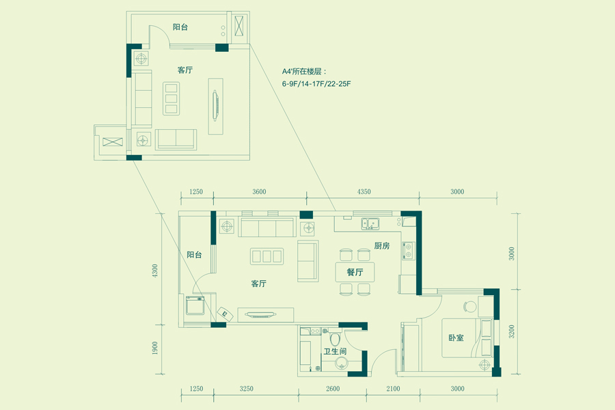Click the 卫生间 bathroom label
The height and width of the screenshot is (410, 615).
click(335, 351)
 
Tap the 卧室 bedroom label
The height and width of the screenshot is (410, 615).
click(456, 338)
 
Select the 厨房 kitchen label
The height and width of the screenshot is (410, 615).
click(381, 246)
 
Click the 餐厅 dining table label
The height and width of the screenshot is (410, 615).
click(355, 272)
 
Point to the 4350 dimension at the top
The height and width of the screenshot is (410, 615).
click(364, 191)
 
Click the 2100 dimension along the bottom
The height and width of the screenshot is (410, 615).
click(393, 388)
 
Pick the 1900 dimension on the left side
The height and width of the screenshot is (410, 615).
click(155, 348)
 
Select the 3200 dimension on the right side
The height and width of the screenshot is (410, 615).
click(511, 332)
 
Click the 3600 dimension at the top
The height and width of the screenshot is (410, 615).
click(259, 191)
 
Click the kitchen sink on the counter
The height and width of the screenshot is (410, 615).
click(370, 223)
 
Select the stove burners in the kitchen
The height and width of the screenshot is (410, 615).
click(409, 250)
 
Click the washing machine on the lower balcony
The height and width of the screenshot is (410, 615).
click(195, 305)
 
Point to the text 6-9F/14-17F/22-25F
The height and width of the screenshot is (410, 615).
click(316, 83)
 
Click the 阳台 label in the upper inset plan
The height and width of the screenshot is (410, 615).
click(180, 27)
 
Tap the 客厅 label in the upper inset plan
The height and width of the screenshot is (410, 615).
click(184, 70)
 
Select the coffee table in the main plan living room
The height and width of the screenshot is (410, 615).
click(266, 256)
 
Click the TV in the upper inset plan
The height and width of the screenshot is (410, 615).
click(215, 105)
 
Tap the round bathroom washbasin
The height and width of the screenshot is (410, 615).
click(342, 363)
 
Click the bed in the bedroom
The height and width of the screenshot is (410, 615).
click(467, 338)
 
